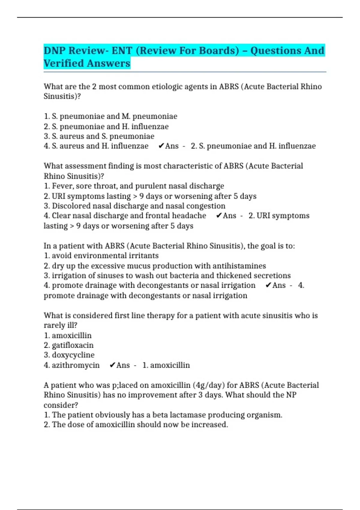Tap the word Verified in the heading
(63, 64)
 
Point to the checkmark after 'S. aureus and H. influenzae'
(161, 146)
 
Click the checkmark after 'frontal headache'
(219, 216)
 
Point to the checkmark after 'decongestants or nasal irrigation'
(268, 285)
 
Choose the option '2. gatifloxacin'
(69, 345)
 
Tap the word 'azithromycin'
(76, 365)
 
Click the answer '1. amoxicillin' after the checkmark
(166, 365)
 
